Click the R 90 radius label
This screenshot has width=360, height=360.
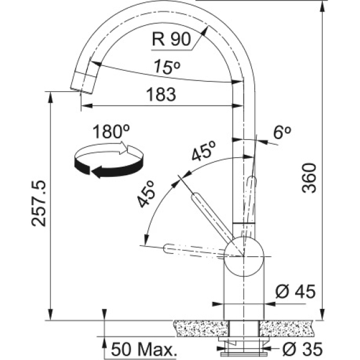pyautogui.click(x=172, y=39)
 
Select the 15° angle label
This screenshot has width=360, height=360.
pyautogui.click(x=167, y=67)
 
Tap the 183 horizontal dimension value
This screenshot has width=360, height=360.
pyautogui.click(x=161, y=94)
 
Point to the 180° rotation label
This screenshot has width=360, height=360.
pyautogui.click(x=111, y=131)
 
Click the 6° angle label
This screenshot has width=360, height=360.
pyautogui.click(x=282, y=132)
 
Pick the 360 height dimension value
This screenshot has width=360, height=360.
pyautogui.click(x=309, y=178)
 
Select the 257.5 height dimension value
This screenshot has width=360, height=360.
pyautogui.click(x=38, y=204)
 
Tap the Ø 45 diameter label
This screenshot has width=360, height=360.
pyautogui.click(x=295, y=292)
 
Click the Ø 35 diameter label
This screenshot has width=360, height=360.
pyautogui.click(x=302, y=349)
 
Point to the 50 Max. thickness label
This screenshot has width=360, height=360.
pyautogui.click(x=144, y=349)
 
